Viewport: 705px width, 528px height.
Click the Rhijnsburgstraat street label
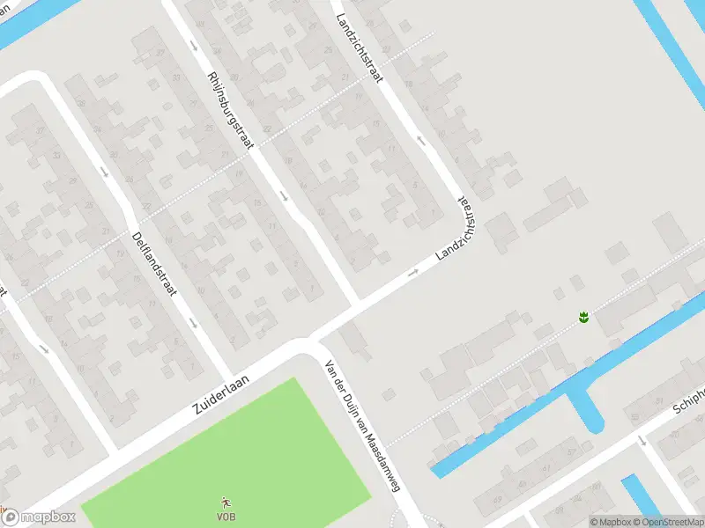click(x=228, y=111)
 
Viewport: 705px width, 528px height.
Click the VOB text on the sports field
click(x=226, y=516)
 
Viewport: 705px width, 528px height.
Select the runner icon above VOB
click(x=226, y=502)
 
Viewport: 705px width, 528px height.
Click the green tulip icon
click(x=583, y=316)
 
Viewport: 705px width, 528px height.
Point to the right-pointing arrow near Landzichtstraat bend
click(x=412, y=273)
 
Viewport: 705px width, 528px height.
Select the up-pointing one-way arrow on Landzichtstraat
click(x=421, y=139)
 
